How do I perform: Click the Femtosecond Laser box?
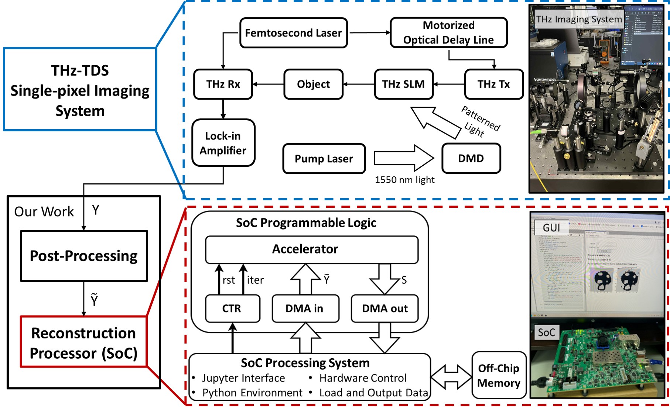pyautogui.click(x=293, y=33)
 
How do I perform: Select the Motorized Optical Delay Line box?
pyautogui.click(x=448, y=32)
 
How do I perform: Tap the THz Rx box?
pyautogui.click(x=223, y=84)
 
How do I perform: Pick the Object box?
pyautogui.click(x=313, y=84)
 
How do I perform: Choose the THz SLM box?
pyautogui.click(x=403, y=84)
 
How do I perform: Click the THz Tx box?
pyautogui.click(x=494, y=84)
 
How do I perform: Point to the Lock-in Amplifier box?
pyautogui.click(x=223, y=143)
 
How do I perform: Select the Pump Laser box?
pyautogui.click(x=324, y=159)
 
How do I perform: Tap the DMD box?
pyautogui.click(x=471, y=158)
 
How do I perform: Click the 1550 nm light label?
pyautogui.click(x=404, y=180)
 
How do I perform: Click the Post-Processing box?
pyautogui.click(x=84, y=256)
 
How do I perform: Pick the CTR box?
pyautogui.click(x=232, y=308)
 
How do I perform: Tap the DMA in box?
pyautogui.click(x=305, y=308)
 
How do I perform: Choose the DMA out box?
pyautogui.click(x=384, y=308)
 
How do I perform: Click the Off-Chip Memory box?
pyautogui.click(x=499, y=375)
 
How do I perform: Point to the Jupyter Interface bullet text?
pyautogui.click(x=243, y=378)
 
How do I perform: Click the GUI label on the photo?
pyautogui.click(x=551, y=228)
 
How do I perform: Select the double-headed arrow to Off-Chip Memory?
pyautogui.click(x=451, y=376)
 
